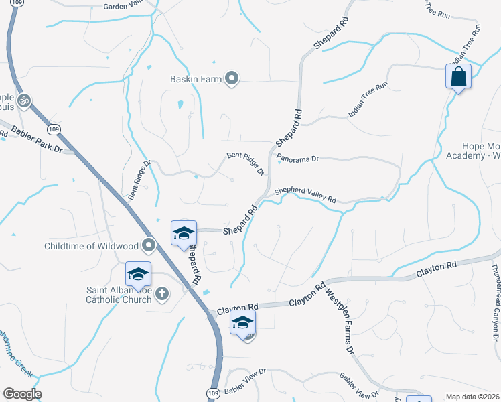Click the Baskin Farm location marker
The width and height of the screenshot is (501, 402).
(x=232, y=79)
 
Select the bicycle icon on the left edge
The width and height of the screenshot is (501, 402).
(x=24, y=100)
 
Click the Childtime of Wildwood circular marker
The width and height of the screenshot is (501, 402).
(x=148, y=246)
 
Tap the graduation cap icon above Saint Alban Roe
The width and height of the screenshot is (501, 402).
(x=138, y=274)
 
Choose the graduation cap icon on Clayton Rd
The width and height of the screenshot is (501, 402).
(x=242, y=323)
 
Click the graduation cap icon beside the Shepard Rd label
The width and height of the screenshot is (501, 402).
(x=184, y=232)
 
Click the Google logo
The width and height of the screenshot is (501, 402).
(x=21, y=394)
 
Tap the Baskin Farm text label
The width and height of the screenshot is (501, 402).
(x=195, y=79)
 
